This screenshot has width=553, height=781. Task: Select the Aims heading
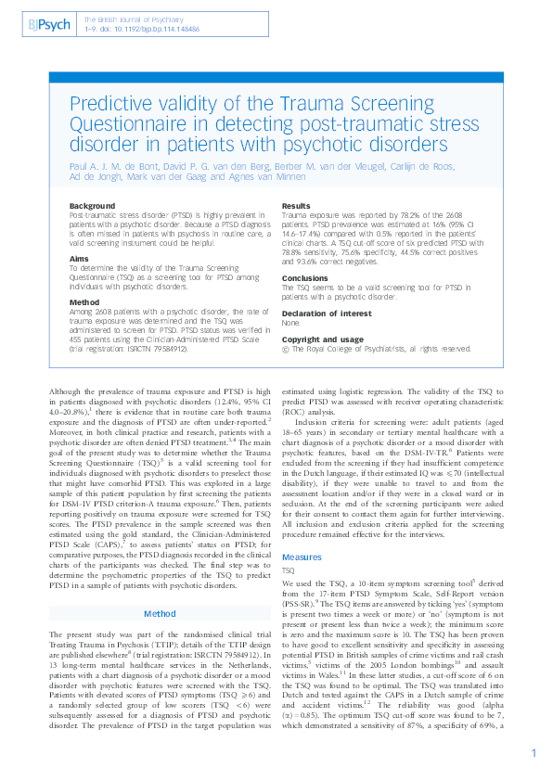[79, 260]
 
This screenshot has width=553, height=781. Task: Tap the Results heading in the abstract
[296, 205]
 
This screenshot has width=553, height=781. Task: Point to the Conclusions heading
[305, 277]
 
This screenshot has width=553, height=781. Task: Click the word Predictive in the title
[113, 105]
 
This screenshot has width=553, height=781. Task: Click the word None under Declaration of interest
[291, 324]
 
